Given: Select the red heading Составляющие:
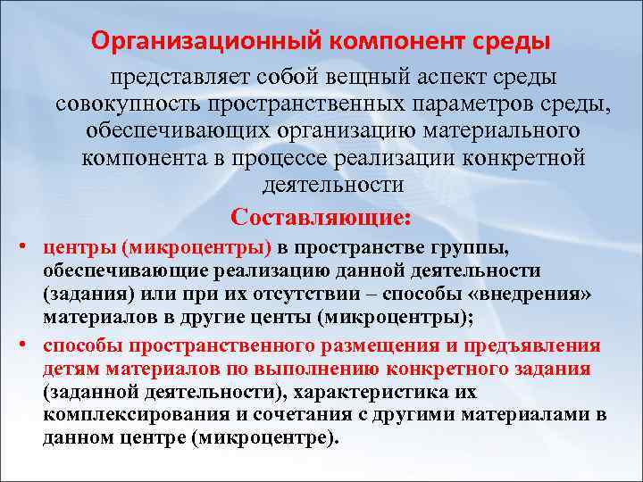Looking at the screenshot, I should click(x=321, y=217).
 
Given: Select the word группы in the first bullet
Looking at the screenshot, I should click(x=474, y=248).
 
